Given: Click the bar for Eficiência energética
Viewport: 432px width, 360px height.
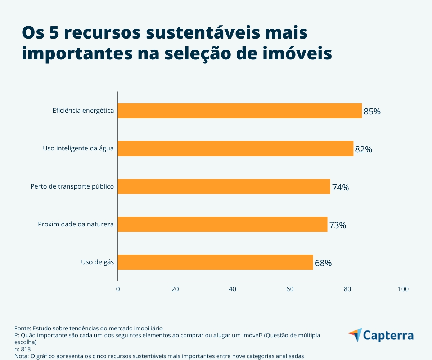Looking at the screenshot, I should point(239,111).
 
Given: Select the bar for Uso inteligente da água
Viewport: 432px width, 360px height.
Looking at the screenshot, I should point(235,149).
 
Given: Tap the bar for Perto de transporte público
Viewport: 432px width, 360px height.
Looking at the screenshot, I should point(224,186).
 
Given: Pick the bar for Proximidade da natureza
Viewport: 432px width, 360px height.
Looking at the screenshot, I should point(222,224).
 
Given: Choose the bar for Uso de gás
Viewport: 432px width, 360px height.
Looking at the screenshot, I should point(215,262).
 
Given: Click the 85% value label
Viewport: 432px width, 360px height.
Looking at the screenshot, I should point(372,112).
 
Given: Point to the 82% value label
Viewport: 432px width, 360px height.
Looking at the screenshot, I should point(363,149).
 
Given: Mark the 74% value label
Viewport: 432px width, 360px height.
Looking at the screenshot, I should point(340,187).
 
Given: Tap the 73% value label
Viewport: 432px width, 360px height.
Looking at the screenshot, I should point(337,225).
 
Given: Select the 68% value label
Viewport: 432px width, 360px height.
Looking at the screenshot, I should point(323,263).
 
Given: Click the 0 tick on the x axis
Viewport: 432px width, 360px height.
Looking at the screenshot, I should point(118,289).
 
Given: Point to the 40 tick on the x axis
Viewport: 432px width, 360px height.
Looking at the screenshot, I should point(233,289).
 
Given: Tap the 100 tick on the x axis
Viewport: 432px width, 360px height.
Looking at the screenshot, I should point(403,289).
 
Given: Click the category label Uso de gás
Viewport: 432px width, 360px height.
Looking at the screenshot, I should point(97,262).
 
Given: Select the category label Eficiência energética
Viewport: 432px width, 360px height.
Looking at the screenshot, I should point(83,111).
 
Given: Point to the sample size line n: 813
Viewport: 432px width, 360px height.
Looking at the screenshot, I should point(23,349).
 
